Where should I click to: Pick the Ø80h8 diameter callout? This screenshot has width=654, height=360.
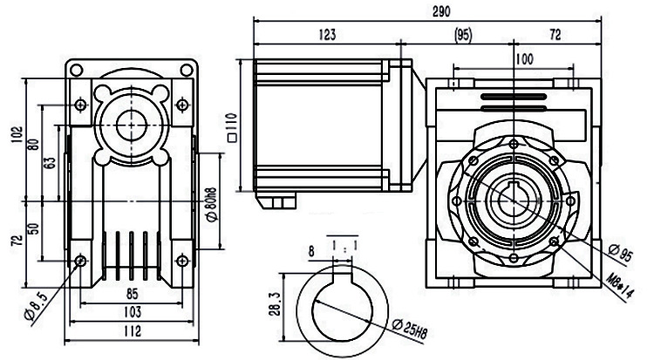210,204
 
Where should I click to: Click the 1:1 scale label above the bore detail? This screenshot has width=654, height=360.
344,247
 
